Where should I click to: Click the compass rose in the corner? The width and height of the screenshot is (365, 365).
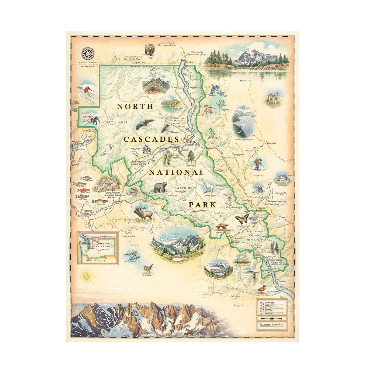tap(88, 54)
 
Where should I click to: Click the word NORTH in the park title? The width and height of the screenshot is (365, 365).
tap(135, 106)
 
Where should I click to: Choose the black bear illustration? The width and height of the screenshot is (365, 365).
tap(160, 187)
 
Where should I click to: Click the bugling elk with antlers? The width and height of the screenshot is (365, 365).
tap(143, 211)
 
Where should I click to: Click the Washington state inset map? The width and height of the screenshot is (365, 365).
tap(97, 248)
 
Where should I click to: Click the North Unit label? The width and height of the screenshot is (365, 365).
tap(112, 122)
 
